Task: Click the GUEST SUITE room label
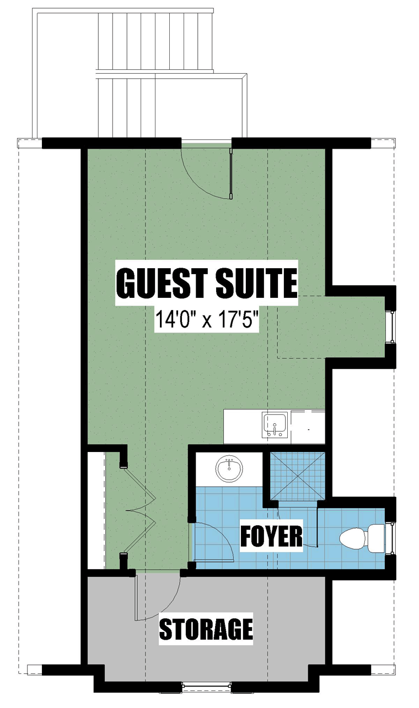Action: tap(207, 282)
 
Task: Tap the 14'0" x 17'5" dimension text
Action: tap(207, 319)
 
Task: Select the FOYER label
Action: tap(271, 536)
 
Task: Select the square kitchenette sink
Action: tap(275, 424)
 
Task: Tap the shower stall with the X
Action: tap(298, 476)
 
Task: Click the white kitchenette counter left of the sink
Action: tap(243, 426)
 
